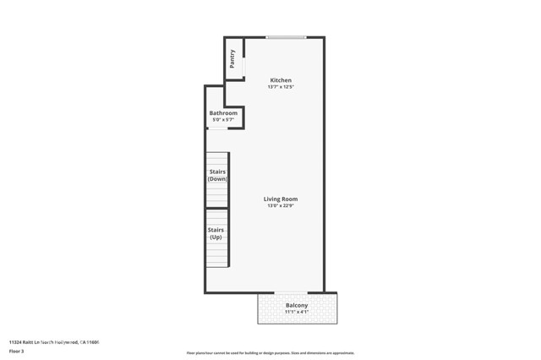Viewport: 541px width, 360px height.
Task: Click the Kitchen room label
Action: [280, 80]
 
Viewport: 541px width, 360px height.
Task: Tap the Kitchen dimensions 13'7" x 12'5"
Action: [280, 87]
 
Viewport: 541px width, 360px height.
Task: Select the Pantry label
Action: [232, 59]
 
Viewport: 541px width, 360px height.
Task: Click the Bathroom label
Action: [223, 113]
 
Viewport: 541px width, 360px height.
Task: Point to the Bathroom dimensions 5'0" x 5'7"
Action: [223, 120]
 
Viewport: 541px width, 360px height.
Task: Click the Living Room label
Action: [280, 199]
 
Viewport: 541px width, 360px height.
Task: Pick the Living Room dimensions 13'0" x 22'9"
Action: [280, 206]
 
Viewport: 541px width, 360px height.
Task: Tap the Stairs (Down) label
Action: [217, 176]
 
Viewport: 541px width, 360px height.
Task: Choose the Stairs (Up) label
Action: [216, 233]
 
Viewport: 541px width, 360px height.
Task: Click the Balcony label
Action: [296, 305]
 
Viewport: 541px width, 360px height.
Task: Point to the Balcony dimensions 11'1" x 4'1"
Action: [296, 312]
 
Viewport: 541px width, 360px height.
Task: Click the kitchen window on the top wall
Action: [286, 37]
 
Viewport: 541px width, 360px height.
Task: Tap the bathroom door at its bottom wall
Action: [217, 129]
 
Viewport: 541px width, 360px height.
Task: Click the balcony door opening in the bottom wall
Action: [291, 293]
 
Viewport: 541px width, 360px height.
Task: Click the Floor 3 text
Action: [16, 350]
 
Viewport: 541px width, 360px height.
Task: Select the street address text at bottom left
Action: [54, 342]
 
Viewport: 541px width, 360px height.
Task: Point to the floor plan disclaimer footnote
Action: [270, 353]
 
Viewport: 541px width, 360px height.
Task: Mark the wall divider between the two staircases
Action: [217, 208]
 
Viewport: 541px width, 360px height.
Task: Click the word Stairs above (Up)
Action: [216, 229]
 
